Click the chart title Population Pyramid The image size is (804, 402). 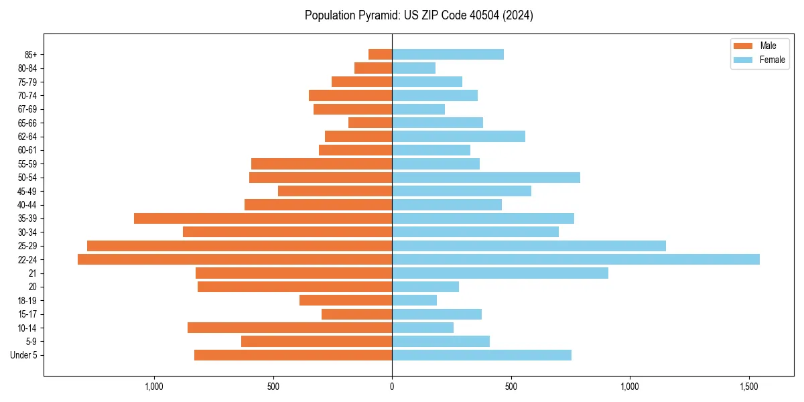419,15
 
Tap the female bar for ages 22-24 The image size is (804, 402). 576,259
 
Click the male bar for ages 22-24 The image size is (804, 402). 234,259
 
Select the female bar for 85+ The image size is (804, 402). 448,54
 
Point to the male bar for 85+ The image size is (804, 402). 380,54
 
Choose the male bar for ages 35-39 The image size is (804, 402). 263,218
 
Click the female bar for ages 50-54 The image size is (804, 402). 486,178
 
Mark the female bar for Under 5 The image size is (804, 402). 482,355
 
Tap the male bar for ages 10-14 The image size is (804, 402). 289,328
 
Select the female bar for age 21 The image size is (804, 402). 500,273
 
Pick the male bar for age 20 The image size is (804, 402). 295,287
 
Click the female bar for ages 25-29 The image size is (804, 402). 529,246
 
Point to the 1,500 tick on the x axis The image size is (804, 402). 749,387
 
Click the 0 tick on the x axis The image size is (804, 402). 392,387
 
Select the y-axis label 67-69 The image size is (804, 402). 27,109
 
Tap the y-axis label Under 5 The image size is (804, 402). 24,355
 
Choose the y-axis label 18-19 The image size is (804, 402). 27,300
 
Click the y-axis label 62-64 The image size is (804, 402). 27,137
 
